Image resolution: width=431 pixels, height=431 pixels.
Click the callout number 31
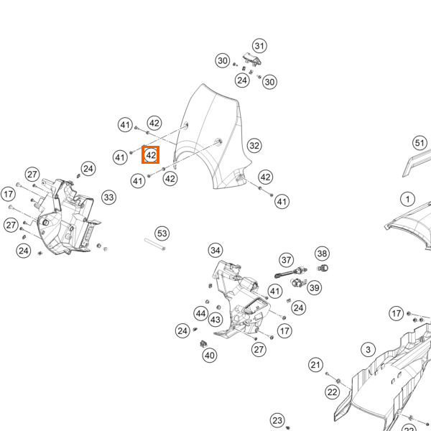tap(259, 46)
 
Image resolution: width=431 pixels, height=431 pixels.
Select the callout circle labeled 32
tap(254, 146)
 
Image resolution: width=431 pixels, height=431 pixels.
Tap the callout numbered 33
tap(109, 198)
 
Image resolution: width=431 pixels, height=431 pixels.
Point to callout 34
tap(215, 251)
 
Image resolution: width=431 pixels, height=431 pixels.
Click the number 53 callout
tap(162, 233)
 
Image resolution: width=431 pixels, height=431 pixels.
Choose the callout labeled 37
tap(287, 260)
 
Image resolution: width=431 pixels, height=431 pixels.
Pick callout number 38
tap(322, 254)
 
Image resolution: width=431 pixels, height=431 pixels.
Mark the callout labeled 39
tap(315, 288)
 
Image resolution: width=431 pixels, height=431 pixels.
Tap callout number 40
tap(210, 356)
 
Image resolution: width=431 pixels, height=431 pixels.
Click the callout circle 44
tap(201, 314)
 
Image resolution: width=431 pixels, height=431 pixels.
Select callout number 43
tap(215, 320)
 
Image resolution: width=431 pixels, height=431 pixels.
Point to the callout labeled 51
tap(420, 143)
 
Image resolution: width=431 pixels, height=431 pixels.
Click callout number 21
tap(315, 365)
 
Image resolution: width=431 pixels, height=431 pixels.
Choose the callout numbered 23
tap(277, 420)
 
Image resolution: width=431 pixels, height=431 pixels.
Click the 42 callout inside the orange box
tap(151, 155)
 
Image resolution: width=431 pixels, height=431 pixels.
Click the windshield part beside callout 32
tap(212, 137)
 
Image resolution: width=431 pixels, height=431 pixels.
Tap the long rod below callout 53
tap(154, 244)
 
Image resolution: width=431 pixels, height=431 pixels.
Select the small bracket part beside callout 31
tap(252, 60)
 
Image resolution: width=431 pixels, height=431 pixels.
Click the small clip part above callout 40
tap(204, 343)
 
